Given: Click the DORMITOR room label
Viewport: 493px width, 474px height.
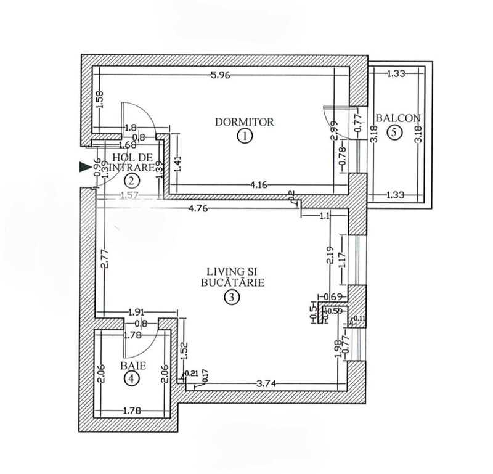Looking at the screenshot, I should (x=244, y=121).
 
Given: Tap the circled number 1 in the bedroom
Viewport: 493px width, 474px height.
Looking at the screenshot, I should (x=245, y=136).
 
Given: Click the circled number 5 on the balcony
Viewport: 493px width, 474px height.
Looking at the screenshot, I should (x=394, y=131).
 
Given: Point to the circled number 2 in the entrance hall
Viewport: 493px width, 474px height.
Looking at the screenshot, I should (x=131, y=180).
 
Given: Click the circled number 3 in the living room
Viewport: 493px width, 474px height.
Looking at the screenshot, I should (x=230, y=297).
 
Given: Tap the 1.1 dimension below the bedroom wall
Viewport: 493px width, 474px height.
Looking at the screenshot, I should (x=326, y=216).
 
